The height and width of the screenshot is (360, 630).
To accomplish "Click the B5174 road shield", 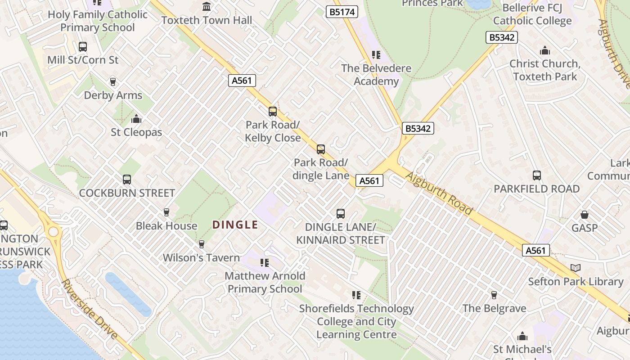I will click(x=342, y=12).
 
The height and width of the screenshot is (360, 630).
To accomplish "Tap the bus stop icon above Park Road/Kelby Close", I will click(x=272, y=112).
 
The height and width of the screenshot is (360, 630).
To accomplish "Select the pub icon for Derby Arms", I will click(x=112, y=81).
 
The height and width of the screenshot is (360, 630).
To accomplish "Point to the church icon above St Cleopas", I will click(x=136, y=119).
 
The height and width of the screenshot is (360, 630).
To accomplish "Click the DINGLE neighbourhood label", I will click(x=235, y=225).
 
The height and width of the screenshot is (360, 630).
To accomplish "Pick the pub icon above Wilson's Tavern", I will click(x=201, y=244).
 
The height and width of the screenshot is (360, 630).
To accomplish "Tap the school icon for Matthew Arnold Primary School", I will click(x=265, y=262).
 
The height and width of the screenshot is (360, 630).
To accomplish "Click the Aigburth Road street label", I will click(x=439, y=193).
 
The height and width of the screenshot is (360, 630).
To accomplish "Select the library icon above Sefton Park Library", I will click(x=575, y=268).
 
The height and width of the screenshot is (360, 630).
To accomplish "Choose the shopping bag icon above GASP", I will click(x=584, y=215).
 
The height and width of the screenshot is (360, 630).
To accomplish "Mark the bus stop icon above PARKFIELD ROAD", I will click(x=536, y=175).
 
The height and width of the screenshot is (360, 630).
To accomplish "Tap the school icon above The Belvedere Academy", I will click(x=376, y=55).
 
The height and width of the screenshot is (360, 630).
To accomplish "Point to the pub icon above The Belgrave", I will click(x=494, y=295).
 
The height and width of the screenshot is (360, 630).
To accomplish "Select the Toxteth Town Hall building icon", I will click(x=207, y=6).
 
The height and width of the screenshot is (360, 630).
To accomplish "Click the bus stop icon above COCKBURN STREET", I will click(x=127, y=180).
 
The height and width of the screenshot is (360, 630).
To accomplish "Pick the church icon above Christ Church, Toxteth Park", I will click(x=545, y=50).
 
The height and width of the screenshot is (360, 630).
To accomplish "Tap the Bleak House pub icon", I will click(x=166, y=212).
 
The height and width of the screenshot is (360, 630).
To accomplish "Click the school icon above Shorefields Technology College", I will click(x=356, y=295).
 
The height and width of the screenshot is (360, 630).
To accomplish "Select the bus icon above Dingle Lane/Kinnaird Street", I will click(x=341, y=214).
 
